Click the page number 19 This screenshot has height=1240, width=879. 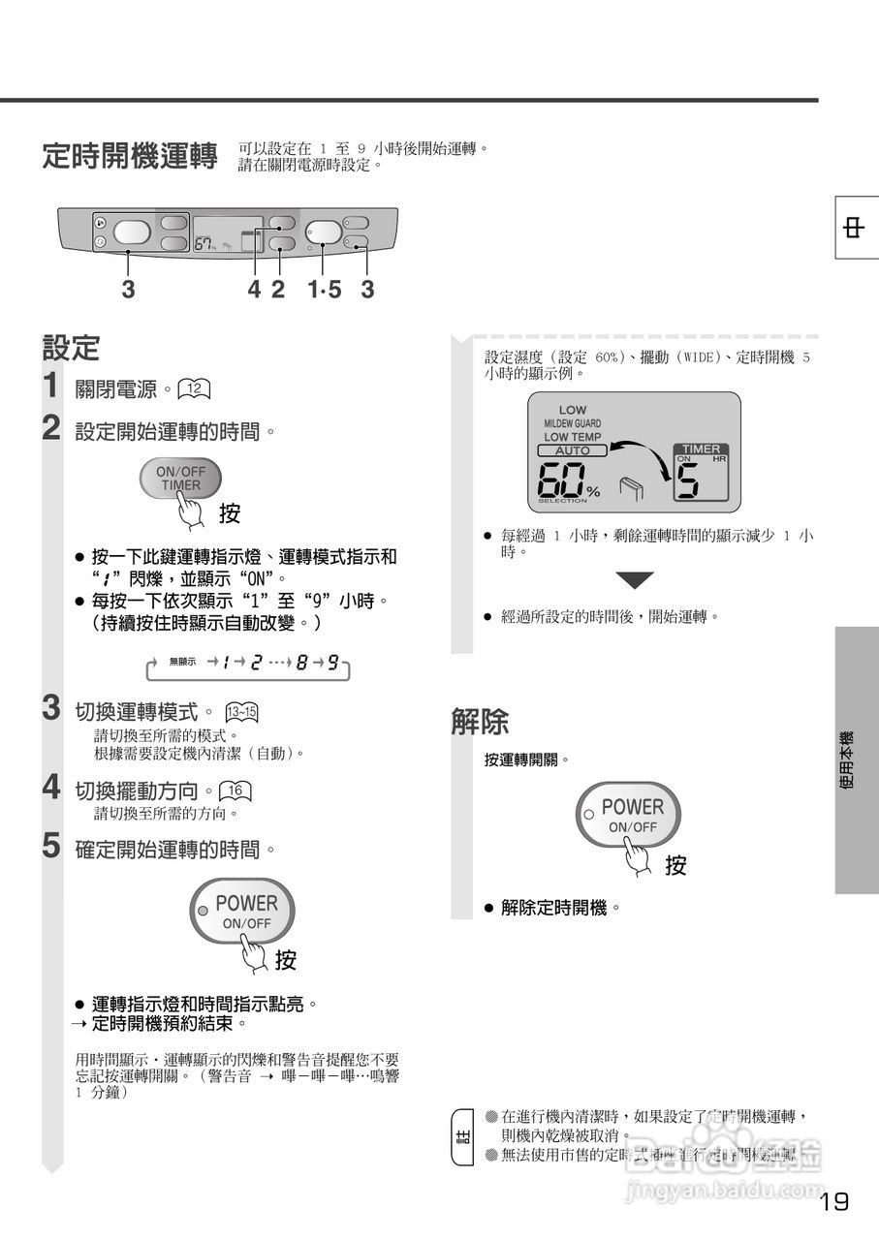(833, 1202)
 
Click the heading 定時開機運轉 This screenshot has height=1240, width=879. (130, 156)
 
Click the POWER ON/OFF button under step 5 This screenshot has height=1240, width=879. (243, 911)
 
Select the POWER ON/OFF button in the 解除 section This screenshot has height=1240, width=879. (631, 815)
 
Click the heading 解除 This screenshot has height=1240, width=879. (480, 722)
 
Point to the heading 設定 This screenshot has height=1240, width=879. (71, 348)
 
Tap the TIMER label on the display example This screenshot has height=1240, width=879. (701, 449)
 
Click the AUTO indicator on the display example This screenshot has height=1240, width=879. (572, 450)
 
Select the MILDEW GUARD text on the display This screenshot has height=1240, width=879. (572, 423)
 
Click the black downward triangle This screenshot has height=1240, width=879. (635, 580)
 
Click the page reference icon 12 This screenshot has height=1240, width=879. (195, 389)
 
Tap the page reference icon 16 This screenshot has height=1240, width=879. (235, 790)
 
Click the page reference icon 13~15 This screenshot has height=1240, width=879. (241, 713)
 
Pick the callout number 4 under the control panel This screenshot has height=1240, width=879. (254, 289)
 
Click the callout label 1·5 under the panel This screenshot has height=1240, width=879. (325, 289)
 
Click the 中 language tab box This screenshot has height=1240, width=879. (856, 229)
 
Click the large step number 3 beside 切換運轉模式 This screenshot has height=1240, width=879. (52, 708)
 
